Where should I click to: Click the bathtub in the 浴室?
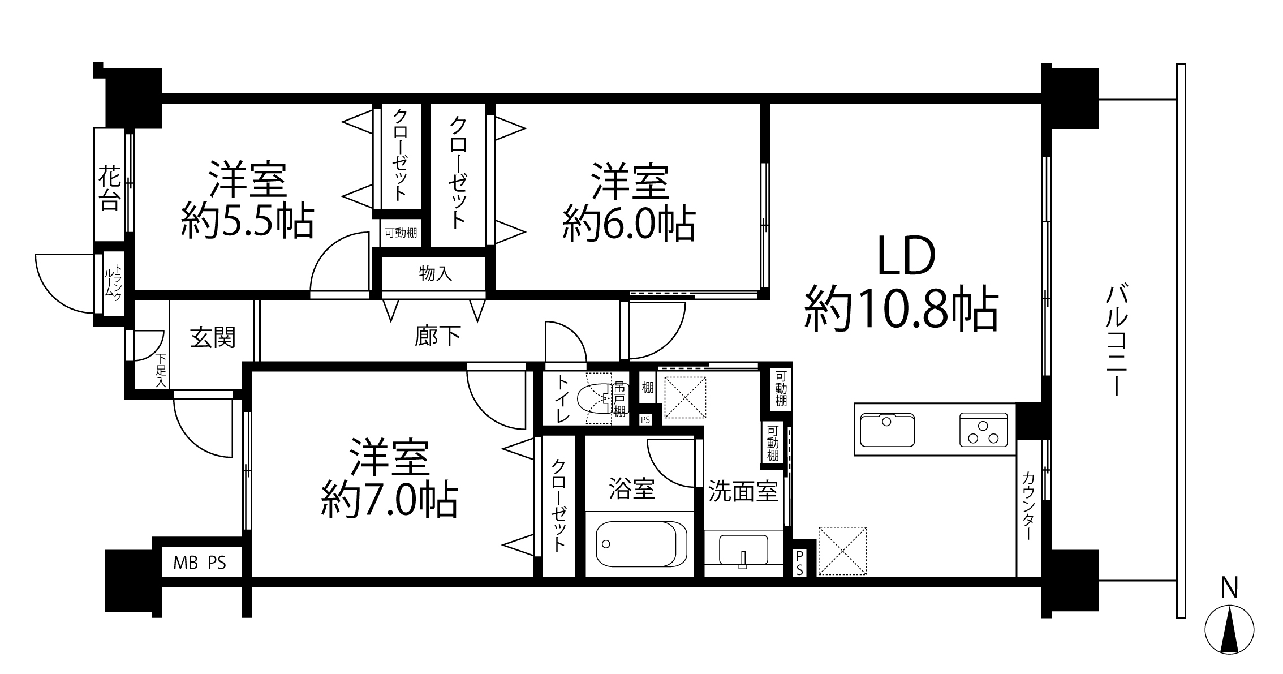(641, 544)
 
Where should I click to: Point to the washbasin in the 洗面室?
(743, 550)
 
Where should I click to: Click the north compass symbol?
(1229, 629)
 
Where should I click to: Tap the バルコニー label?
(1116, 341)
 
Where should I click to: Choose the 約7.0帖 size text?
(389, 500)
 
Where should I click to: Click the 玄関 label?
(212, 338)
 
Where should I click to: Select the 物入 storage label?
(435, 274)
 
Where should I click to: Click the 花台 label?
(109, 188)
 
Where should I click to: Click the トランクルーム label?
(113, 283)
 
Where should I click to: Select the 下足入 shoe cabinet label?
(161, 371)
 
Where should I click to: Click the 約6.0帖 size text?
(628, 224)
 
